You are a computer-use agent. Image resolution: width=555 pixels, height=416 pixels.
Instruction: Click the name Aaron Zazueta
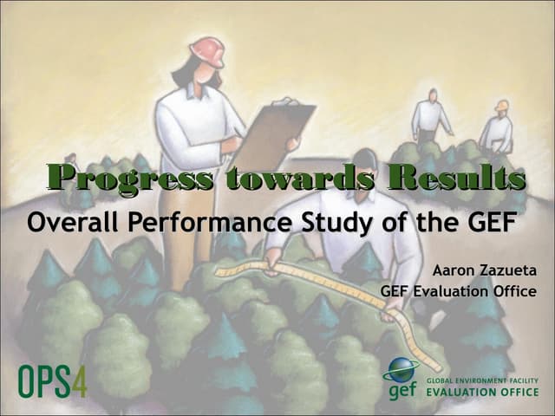tap(490, 270)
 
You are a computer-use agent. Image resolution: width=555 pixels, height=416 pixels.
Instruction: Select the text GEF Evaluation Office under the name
tap(458, 291)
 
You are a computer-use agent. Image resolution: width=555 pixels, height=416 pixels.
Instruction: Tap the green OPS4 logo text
tap(53, 380)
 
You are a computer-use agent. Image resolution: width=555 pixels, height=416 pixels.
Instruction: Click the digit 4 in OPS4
tap(79, 380)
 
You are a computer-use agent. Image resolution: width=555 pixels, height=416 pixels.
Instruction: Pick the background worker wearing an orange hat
tap(498, 126)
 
